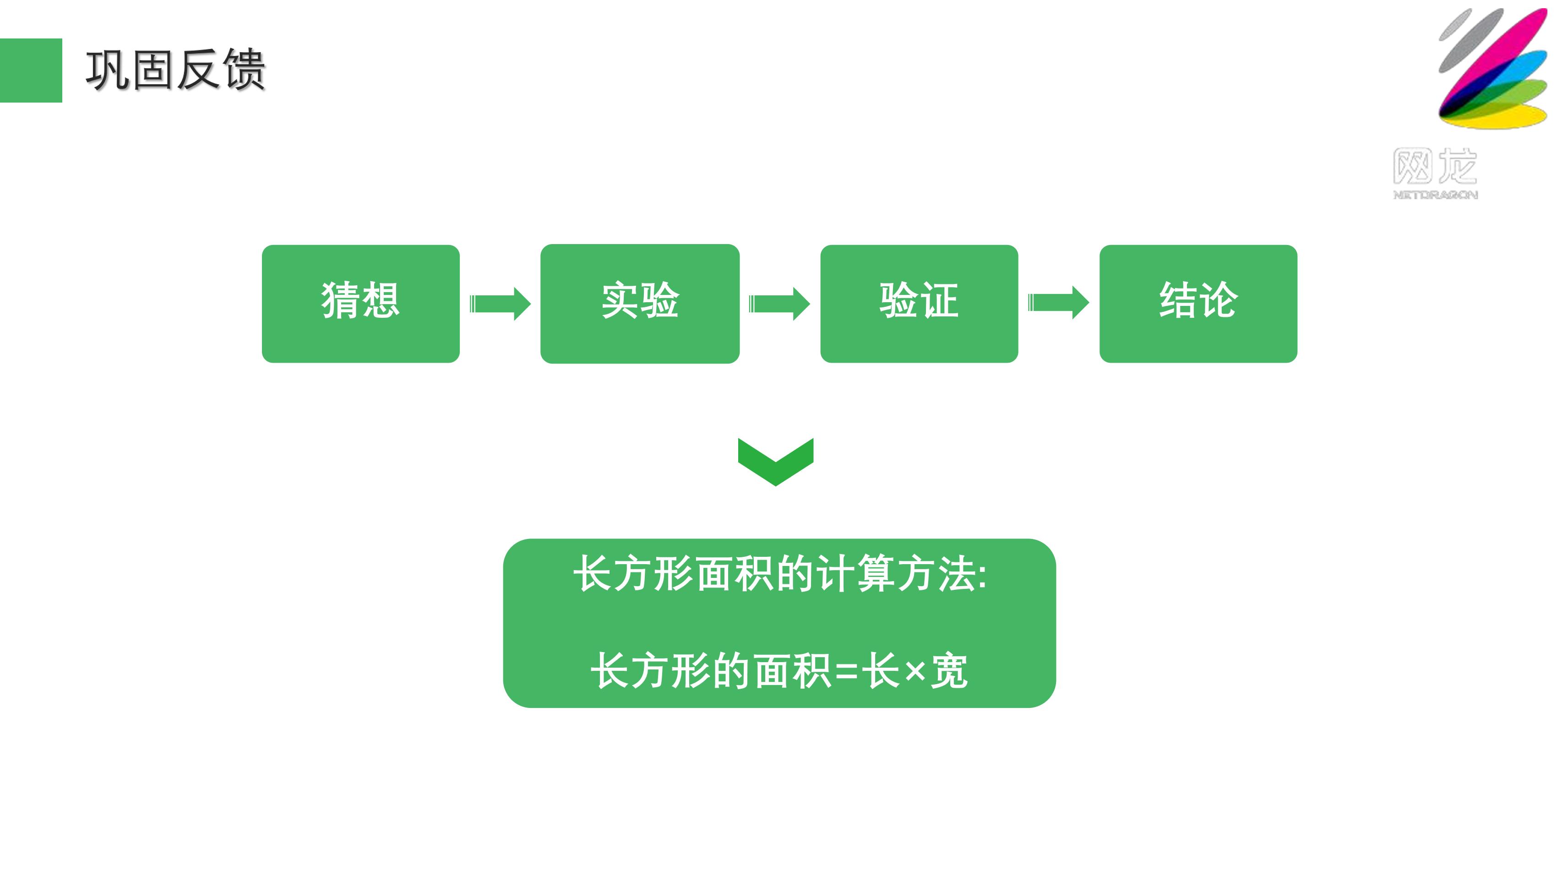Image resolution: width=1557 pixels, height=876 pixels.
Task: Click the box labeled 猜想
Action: coord(361,304)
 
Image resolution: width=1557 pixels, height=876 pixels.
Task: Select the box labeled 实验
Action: coord(640,304)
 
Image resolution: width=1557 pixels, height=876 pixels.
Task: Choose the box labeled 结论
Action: coord(1198,304)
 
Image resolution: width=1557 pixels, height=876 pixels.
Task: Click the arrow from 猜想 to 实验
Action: coord(501,304)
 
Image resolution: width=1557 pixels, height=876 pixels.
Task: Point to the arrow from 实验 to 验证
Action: coord(780,304)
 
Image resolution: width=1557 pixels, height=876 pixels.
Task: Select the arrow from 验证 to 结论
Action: coord(1059,302)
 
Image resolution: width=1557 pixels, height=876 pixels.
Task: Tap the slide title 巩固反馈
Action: coord(176,70)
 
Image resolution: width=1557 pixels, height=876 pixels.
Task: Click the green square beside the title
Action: coord(31,70)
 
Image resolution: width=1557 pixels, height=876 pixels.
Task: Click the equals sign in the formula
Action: coord(847,671)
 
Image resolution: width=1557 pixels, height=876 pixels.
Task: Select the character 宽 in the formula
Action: coord(950,670)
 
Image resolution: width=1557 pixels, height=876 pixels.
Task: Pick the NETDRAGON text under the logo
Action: coord(1436,195)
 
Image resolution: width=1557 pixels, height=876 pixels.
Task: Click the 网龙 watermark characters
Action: coord(1436,166)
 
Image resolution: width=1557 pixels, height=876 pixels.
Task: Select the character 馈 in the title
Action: coord(244,70)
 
